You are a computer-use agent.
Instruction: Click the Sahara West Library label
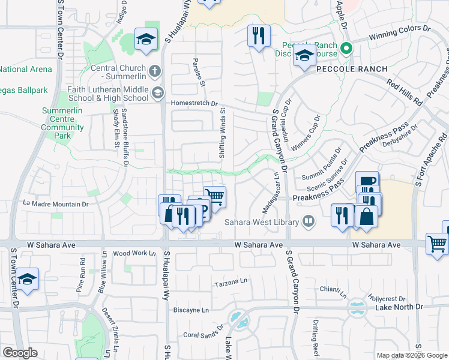262,223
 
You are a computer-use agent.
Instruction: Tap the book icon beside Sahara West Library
308,222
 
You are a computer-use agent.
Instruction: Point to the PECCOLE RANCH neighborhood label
344,70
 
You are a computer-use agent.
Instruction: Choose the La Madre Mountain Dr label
55,204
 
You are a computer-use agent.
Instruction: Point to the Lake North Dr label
399,307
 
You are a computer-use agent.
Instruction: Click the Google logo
20,353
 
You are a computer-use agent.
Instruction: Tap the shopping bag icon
366,217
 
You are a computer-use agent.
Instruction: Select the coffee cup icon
367,181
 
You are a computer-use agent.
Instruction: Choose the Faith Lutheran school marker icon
157,92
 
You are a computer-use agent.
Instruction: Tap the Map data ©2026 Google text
411,355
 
